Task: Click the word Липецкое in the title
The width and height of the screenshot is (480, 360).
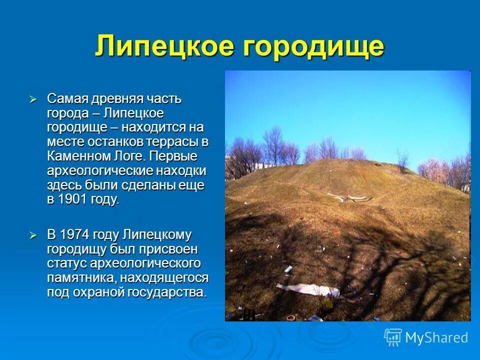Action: point(164,46)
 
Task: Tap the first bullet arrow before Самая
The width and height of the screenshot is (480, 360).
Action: point(33,99)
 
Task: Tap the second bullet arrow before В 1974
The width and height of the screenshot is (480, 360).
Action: point(33,235)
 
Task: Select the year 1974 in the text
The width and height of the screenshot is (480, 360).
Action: point(74,235)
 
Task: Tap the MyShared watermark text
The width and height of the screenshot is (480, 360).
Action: point(436,337)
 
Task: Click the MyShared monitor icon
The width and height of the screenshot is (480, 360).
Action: point(393,337)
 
